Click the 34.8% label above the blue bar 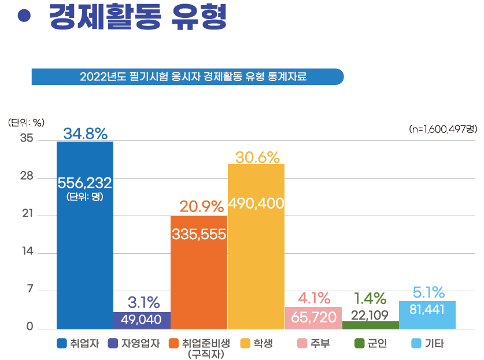85,133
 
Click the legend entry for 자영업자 134,344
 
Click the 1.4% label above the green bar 370,298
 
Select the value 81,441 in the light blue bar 427,309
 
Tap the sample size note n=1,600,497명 442,129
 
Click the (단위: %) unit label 26,123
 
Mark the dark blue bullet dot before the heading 24,16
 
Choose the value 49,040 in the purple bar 142,320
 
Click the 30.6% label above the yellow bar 257,157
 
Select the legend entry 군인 371,344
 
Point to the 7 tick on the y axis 29,290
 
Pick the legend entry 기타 427,344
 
